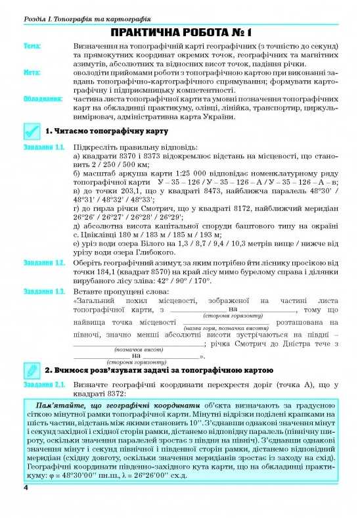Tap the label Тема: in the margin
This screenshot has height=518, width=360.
click(x=32, y=47)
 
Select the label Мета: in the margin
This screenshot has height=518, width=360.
click(x=32, y=73)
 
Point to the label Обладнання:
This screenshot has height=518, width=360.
click(x=42, y=99)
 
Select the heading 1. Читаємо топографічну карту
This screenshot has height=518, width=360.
click(x=103, y=131)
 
